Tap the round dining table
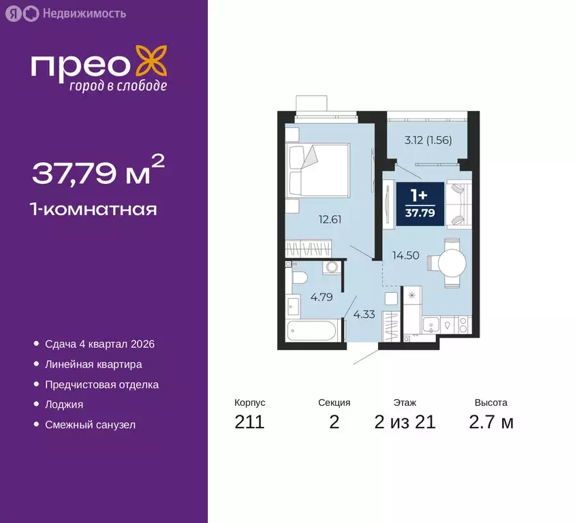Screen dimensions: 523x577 click(451, 262)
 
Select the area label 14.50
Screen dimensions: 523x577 click(405, 256)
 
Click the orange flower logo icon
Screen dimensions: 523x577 click(150, 60)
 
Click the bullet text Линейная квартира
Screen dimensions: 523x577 click(93, 365)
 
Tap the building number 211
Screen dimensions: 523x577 click(249, 422)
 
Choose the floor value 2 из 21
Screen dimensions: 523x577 click(405, 422)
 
